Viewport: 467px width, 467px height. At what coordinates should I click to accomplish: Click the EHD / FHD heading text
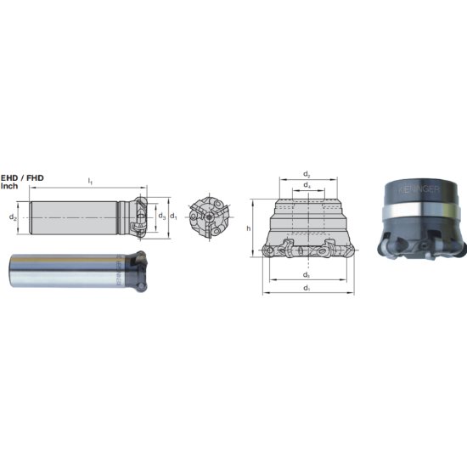click(23, 177)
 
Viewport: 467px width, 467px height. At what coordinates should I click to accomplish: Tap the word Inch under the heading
click(10, 185)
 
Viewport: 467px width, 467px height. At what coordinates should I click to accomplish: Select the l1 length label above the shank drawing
click(90, 181)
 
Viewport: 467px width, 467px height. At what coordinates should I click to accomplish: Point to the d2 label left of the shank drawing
click(13, 218)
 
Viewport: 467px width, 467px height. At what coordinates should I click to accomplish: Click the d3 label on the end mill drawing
click(160, 217)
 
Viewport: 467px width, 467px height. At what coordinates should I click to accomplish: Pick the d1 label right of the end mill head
click(173, 217)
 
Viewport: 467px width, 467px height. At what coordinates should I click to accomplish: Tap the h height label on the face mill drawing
click(247, 228)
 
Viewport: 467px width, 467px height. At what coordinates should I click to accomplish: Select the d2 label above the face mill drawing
click(307, 173)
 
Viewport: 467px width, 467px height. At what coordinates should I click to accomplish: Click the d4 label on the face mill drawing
click(307, 185)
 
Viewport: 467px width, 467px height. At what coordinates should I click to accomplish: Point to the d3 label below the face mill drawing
click(307, 275)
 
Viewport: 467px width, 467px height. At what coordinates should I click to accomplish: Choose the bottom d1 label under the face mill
click(307, 289)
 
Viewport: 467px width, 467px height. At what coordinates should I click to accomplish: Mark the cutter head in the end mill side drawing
click(139, 217)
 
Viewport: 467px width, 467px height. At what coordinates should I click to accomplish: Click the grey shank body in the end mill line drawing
click(76, 218)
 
